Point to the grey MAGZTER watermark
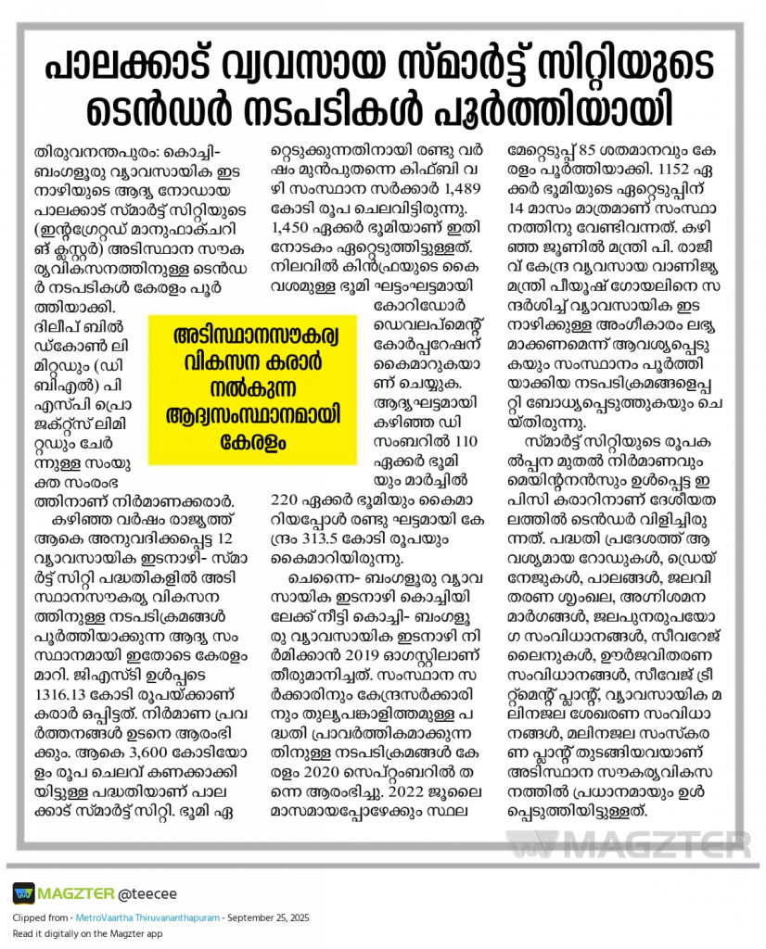click(x=629, y=845)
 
